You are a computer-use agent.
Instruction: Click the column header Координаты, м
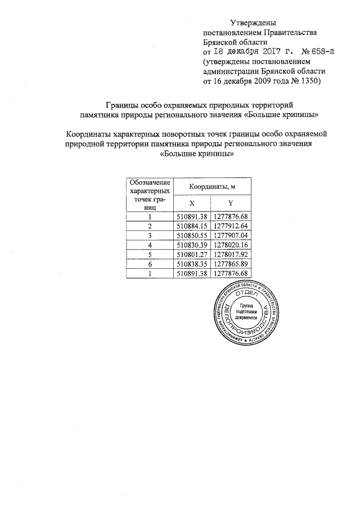(x=211, y=186)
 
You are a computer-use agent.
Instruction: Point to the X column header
(x=192, y=203)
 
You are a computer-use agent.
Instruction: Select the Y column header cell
(x=231, y=203)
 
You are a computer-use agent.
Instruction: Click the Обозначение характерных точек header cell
(x=150, y=194)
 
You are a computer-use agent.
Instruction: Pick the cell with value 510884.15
(x=192, y=226)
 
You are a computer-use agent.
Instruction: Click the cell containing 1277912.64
(x=231, y=226)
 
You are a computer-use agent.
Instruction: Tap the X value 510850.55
(x=192, y=235)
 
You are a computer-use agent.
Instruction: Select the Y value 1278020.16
(x=231, y=245)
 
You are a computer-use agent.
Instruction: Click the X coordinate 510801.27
(x=192, y=254)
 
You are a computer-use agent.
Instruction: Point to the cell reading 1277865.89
(x=231, y=264)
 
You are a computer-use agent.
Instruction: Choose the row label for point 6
(x=150, y=264)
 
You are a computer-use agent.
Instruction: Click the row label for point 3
(x=150, y=235)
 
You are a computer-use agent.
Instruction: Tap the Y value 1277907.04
(x=231, y=235)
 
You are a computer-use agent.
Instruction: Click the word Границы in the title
(x=123, y=105)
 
